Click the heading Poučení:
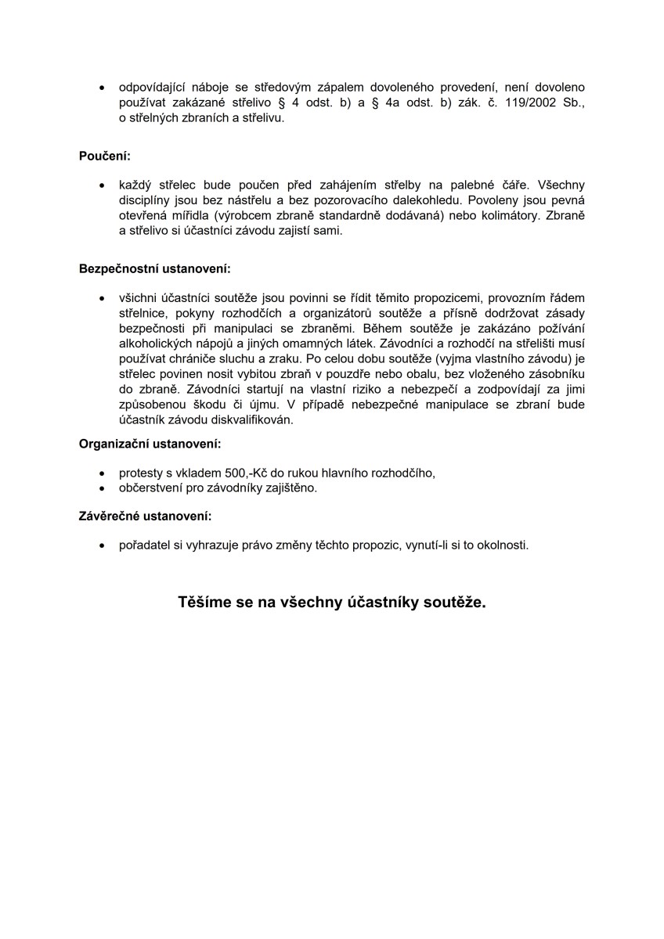105,156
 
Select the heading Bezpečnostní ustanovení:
155,269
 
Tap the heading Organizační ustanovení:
150,444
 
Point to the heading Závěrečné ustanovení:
145,516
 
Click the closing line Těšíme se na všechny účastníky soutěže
332,603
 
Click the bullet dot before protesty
102,473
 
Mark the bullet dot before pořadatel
102,545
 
